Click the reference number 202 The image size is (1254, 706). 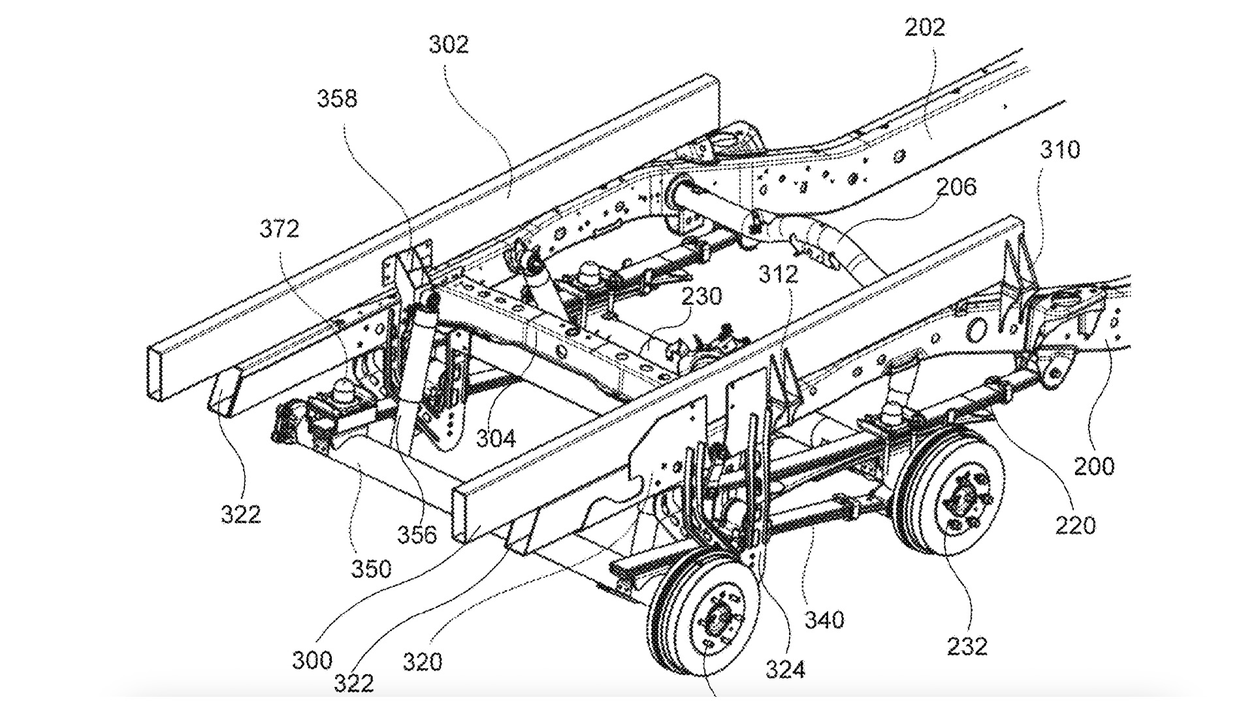pyautogui.click(x=925, y=27)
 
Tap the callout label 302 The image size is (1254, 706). pyautogui.click(x=449, y=44)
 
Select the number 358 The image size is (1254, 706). pyautogui.click(x=338, y=99)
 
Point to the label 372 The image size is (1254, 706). pyautogui.click(x=280, y=229)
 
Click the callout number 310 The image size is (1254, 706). pyautogui.click(x=1060, y=150)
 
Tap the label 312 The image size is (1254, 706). pyautogui.click(x=779, y=274)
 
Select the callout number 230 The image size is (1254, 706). pyautogui.click(x=702, y=296)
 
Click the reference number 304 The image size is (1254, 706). pyautogui.click(x=496, y=438)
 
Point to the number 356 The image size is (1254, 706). pyautogui.click(x=417, y=534)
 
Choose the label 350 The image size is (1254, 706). pyautogui.click(x=371, y=569)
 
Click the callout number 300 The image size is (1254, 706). pyautogui.click(x=312, y=660)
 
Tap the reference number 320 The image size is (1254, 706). pyautogui.click(x=423, y=662)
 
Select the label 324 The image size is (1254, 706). pyautogui.click(x=785, y=669)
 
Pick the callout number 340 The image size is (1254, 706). pyautogui.click(x=825, y=619)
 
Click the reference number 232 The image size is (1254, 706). pyautogui.click(x=967, y=646)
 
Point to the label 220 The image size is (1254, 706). pyautogui.click(x=1075, y=525)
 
